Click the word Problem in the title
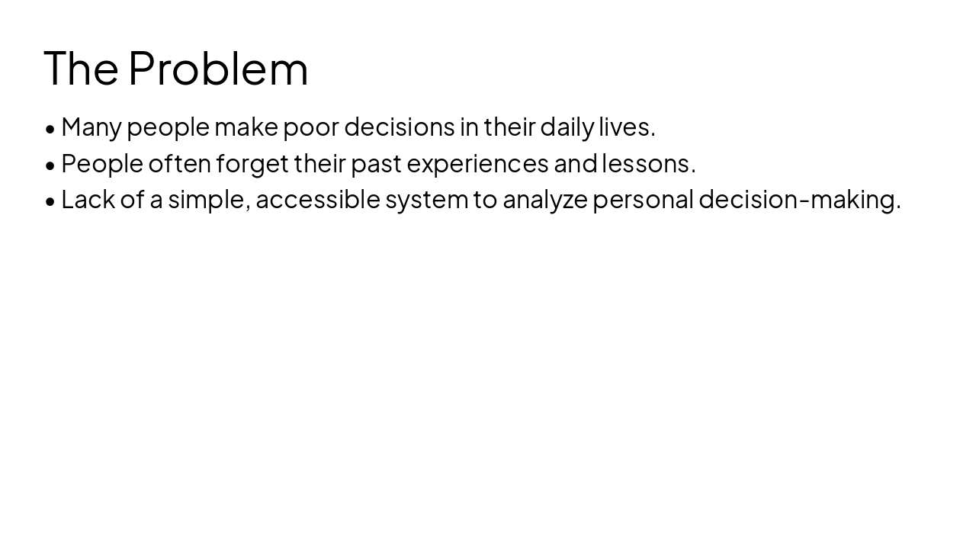coord(218,68)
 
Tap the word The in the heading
coord(81,68)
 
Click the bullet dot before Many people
coord(50,128)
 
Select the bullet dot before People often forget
coord(50,164)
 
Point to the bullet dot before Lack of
coord(50,201)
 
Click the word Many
coord(91,127)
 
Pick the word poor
coord(311,127)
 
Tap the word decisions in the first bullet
coord(400,127)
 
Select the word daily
coord(567,127)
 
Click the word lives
coord(627,127)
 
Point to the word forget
coord(252,163)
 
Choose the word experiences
coord(478,163)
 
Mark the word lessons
coord(649,163)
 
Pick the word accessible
coord(318,199)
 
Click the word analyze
coord(545,200)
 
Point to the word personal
coord(643,199)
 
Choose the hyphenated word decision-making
coord(799,199)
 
